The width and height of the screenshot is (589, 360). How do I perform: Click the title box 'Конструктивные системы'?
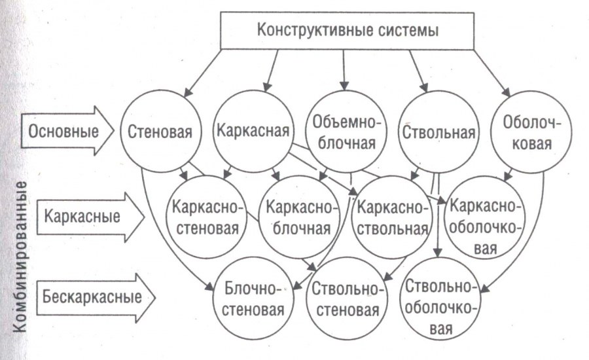coord(346,31)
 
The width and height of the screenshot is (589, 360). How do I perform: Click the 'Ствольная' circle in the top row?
coord(438,130)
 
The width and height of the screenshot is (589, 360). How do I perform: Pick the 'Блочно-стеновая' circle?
coord(253,298)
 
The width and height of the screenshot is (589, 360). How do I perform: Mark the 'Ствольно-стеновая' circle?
coord(345,298)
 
